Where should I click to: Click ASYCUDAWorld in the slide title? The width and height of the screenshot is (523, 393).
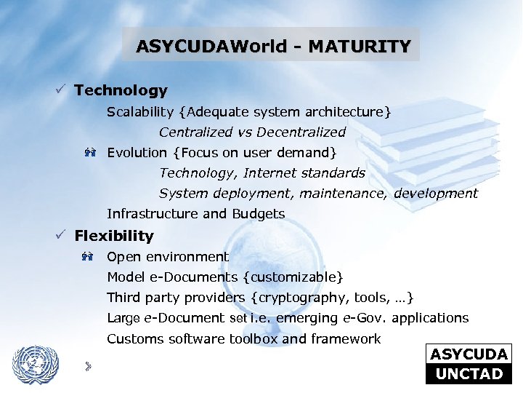point(214,47)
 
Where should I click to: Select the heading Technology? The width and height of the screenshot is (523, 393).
point(121,91)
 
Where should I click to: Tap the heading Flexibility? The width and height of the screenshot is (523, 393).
point(114,236)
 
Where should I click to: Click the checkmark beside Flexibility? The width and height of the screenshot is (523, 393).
point(62,235)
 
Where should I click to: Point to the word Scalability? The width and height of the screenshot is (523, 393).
point(140,112)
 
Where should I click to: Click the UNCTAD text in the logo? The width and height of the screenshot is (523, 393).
point(469,374)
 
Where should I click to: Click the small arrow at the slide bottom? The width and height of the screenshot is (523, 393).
point(87,365)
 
